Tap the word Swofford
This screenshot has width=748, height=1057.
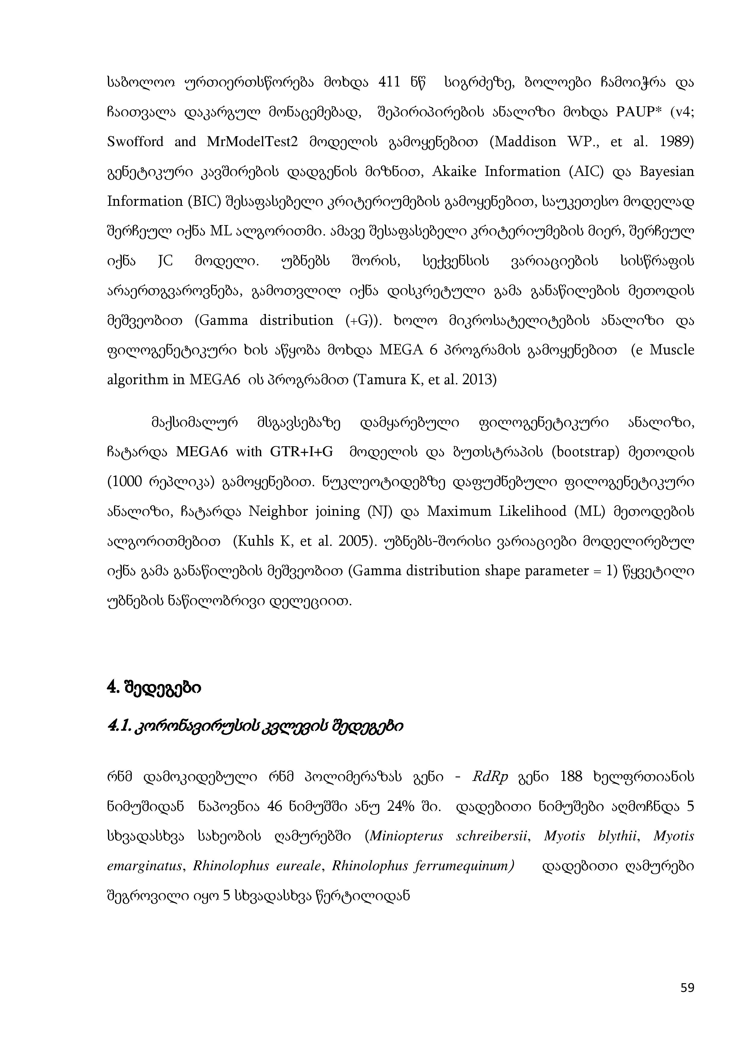point(135,142)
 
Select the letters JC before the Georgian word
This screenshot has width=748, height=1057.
point(165,262)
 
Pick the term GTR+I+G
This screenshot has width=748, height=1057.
point(301,452)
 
